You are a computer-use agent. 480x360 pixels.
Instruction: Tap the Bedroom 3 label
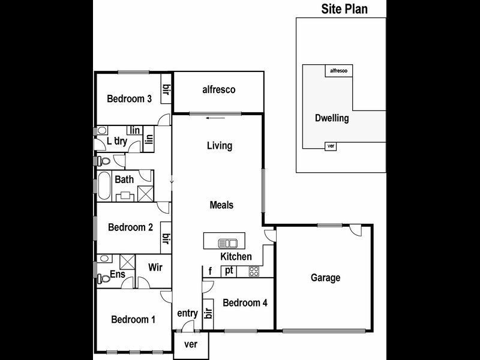129,99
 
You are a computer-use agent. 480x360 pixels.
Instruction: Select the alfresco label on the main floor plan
218,90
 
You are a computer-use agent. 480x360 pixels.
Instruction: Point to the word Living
219,146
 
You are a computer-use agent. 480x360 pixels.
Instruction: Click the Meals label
221,205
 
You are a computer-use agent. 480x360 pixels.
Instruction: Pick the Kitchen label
236,257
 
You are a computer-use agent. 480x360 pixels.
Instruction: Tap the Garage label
325,278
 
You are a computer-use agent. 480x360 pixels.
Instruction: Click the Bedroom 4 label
245,302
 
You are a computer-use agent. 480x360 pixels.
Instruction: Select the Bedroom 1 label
133,320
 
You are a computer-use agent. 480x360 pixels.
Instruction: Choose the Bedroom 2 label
130,227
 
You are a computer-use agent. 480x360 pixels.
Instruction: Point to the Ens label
117,275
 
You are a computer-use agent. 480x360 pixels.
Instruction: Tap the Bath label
124,179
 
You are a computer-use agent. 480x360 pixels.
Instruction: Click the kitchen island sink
228,243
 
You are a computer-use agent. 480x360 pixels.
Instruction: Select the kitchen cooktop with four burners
254,271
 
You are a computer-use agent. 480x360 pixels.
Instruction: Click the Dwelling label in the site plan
332,118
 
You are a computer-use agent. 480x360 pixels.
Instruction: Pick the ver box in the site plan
329,146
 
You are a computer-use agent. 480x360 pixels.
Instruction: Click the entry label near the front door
187,313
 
